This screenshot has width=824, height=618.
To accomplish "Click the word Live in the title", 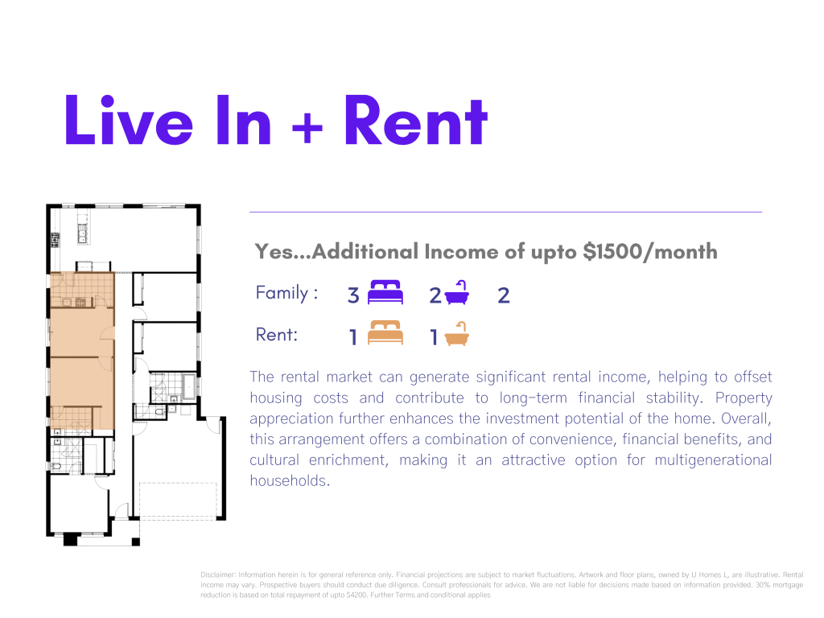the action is (129, 120).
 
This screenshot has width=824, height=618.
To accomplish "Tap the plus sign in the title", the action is (307, 128).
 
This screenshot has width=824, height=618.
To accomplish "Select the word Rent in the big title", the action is (416, 120).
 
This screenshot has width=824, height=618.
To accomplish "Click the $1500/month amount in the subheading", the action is (650, 252).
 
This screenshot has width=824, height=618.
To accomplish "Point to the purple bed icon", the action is (385, 292).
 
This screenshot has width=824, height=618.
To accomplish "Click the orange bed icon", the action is (385, 332).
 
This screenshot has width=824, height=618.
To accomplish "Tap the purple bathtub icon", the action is (457, 293).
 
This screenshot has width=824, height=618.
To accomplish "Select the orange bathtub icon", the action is (457, 333).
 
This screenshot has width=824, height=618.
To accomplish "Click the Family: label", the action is (286, 293).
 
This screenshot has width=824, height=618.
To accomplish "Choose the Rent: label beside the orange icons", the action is (277, 335).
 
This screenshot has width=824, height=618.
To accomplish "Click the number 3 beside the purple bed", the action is (353, 295).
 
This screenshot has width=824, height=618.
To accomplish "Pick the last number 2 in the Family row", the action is (504, 295).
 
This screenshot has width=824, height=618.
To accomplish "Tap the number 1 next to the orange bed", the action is (353, 337).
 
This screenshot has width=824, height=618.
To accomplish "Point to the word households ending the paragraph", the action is (290, 480).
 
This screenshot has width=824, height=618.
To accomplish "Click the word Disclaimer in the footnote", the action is (217, 575).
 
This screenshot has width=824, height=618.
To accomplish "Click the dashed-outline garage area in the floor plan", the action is (178, 501).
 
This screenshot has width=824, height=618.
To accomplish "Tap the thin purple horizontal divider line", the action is (505, 212).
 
